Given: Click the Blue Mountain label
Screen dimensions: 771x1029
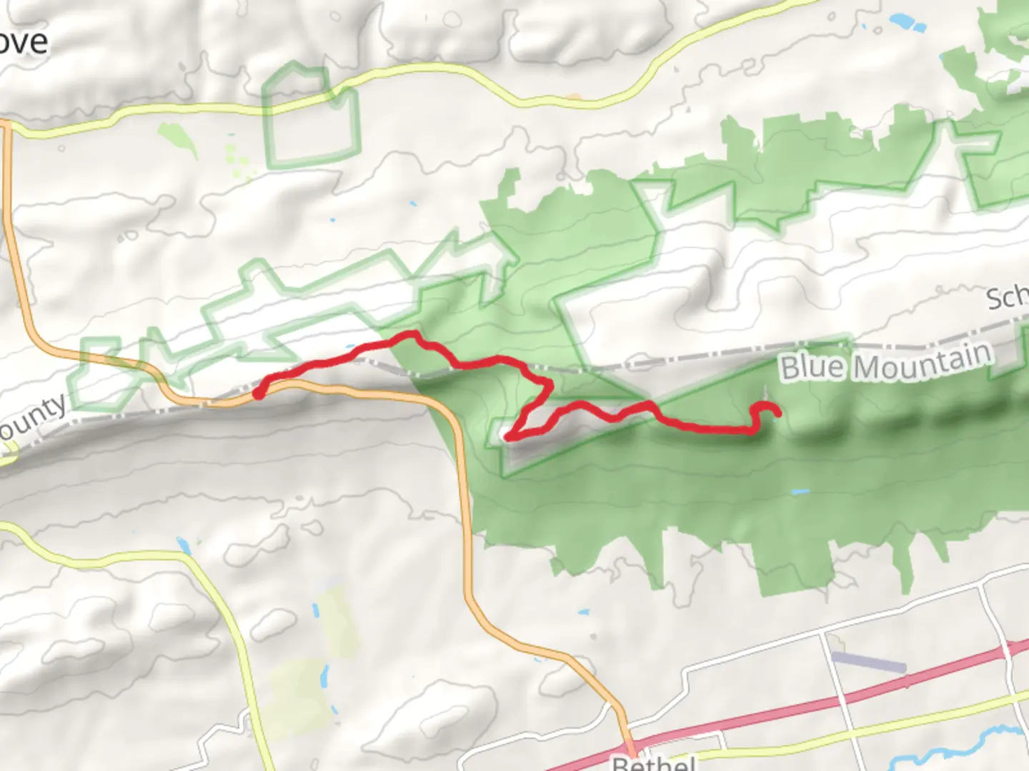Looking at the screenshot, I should tap(886, 362).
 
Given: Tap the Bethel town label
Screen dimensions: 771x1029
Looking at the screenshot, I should tap(655, 762).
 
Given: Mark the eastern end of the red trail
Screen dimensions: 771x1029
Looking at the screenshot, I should tap(776, 412).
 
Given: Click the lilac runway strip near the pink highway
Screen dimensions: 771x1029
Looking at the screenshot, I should tap(869, 662).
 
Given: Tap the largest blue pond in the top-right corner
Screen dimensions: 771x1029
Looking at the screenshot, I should tap(903, 24).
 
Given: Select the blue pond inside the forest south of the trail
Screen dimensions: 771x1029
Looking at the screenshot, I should tap(800, 492).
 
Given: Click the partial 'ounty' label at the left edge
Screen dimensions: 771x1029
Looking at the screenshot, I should tap(32, 418).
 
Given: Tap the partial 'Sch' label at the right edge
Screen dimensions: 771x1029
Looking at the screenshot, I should tap(1008, 298).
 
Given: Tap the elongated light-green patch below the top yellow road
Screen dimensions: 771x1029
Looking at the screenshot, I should tap(178, 138).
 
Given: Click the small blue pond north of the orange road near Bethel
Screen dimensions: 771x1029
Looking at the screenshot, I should tap(583, 613).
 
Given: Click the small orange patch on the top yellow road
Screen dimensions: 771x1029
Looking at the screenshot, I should tap(572, 96).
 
